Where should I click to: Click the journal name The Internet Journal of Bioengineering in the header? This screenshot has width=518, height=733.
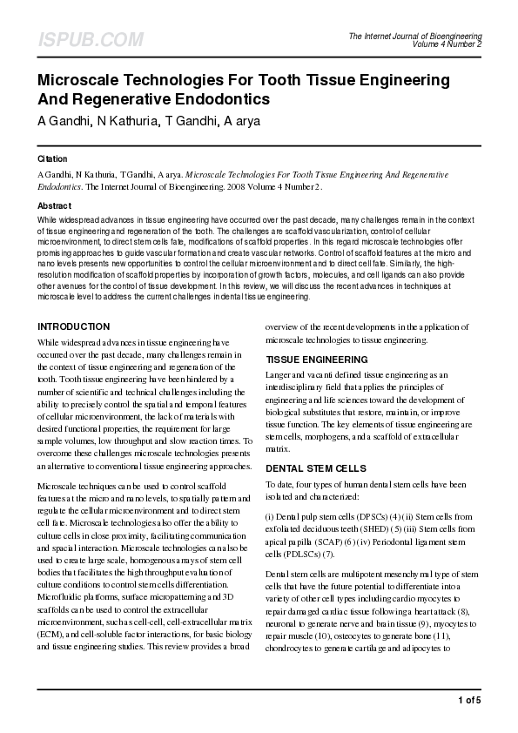point(415,36)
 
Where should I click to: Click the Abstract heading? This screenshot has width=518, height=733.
point(54,205)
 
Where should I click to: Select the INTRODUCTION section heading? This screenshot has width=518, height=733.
point(73,326)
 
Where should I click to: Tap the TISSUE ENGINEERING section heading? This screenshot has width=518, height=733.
point(317,359)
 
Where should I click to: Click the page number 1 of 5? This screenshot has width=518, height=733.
point(468,700)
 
